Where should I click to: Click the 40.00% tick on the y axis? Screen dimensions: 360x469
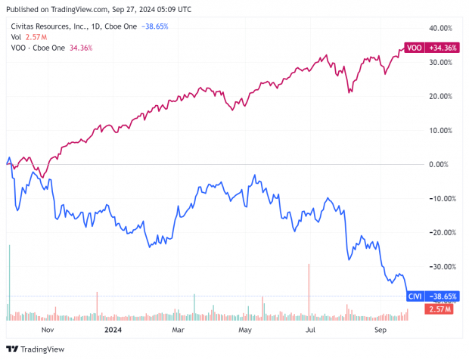[439, 28]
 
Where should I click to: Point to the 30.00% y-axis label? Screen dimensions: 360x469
[439, 62]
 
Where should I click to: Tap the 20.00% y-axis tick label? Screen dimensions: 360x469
[439, 96]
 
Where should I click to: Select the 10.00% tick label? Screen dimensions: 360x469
[439, 130]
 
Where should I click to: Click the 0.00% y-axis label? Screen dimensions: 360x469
[441, 164]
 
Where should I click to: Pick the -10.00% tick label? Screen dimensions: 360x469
[438, 198]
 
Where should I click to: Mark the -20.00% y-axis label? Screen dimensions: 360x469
[438, 232]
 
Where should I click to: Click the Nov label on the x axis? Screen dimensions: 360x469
[47, 330]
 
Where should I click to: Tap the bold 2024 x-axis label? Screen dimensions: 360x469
[112, 330]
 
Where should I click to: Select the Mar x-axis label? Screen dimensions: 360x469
[179, 330]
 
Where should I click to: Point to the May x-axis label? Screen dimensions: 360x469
[245, 330]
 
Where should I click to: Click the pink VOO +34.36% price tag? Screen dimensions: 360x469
[430, 48]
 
